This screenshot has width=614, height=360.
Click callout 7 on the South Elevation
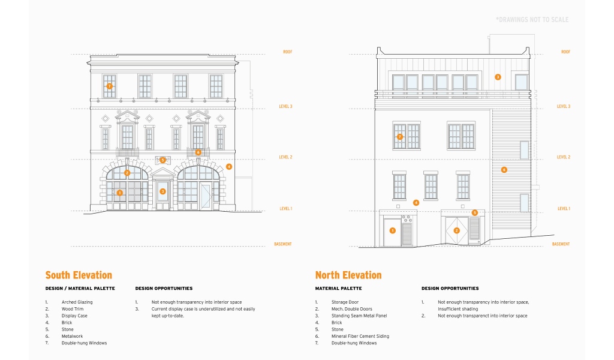pos(110,86)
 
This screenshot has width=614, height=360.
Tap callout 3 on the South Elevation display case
pos(162,191)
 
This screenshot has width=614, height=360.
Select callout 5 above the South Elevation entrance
pos(162,160)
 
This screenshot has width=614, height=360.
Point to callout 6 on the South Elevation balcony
pos(198,152)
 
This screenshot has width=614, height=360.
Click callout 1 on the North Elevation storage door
pos(393,230)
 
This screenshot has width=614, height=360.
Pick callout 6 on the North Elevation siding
pos(504,170)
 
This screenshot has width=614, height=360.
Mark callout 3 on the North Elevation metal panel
pos(498,77)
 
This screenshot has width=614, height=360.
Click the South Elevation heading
pos(79,275)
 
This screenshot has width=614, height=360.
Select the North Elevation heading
pos(348,275)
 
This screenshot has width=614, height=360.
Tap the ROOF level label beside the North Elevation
pos(565,52)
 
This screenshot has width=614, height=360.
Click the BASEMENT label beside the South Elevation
pos(283,244)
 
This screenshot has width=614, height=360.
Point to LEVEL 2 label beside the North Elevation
pos(563,157)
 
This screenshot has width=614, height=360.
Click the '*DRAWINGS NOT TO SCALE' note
pos(532,20)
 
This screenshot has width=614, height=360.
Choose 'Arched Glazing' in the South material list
pos(77,302)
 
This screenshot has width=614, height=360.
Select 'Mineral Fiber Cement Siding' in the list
pos(360,336)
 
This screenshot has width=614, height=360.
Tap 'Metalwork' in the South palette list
pos(72,336)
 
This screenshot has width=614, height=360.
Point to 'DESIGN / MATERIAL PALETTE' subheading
pos(80,289)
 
